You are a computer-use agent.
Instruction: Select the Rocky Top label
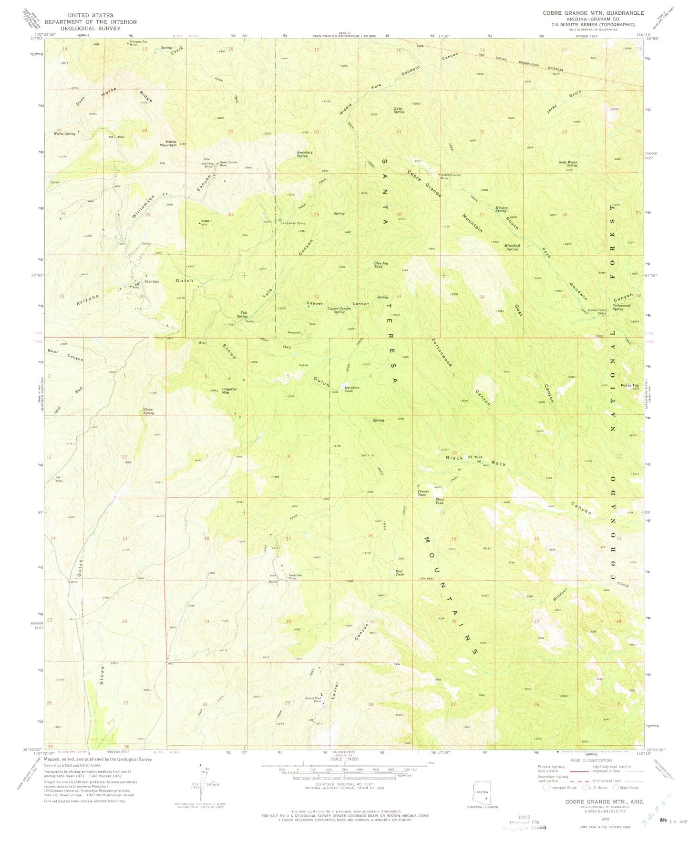[x=629, y=385]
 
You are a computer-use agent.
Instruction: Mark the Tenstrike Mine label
[x=295, y=576]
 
